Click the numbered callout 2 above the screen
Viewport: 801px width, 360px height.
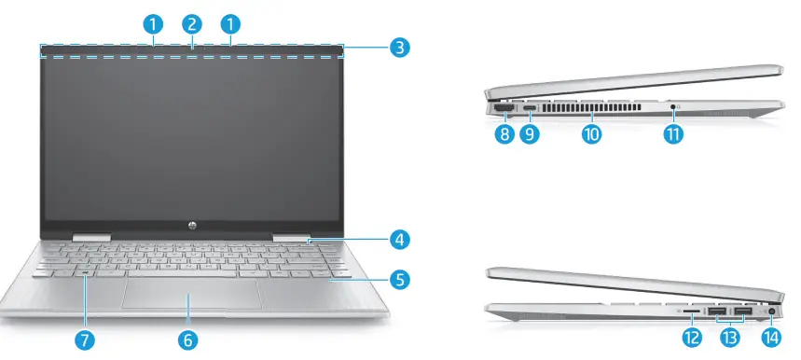pos(191,23)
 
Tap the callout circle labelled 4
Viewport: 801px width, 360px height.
pos(399,241)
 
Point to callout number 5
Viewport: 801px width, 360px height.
pos(399,278)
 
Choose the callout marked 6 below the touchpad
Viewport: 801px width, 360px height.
pos(188,340)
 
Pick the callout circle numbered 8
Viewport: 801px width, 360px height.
pos(504,134)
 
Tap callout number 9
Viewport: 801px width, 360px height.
pos(531,134)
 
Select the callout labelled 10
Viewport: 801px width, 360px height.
pos(591,134)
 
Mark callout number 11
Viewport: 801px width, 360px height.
pos(672,134)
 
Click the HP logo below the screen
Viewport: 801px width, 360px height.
pos(191,226)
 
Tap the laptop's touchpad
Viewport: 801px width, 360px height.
pos(191,293)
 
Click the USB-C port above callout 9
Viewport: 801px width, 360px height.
pos(531,109)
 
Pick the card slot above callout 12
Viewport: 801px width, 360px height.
pos(691,311)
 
